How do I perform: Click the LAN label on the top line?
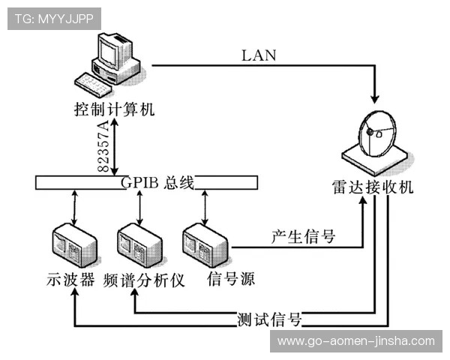[x=258, y=55]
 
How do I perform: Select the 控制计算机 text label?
[x=114, y=109]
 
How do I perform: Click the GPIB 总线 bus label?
[x=157, y=182]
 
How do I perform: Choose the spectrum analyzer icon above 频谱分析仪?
[x=137, y=247]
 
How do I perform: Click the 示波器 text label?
[x=69, y=280]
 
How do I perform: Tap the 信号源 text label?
[x=230, y=280]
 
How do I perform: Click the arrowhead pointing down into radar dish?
[x=374, y=97]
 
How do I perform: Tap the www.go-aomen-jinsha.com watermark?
[x=356, y=341]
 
